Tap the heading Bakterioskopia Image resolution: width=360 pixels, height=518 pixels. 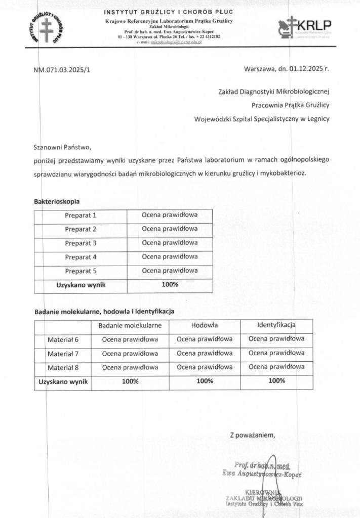(x=57, y=201)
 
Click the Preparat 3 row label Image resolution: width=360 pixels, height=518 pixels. (x=81, y=243)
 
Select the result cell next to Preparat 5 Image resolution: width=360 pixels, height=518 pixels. (x=170, y=270)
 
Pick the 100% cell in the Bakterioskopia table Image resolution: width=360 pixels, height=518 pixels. (x=170, y=284)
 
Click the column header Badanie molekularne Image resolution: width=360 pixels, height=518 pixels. (x=130, y=325)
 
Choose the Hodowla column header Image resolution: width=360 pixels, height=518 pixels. (x=205, y=325)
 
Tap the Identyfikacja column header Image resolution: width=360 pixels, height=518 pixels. (x=276, y=325)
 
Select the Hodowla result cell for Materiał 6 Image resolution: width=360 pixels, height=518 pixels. (x=205, y=339)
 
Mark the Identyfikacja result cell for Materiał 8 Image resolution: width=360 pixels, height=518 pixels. (x=276, y=367)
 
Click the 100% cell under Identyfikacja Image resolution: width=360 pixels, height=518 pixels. (x=276, y=381)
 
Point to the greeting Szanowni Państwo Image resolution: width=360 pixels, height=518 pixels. (x=61, y=148)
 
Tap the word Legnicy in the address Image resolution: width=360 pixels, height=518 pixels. (x=318, y=119)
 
